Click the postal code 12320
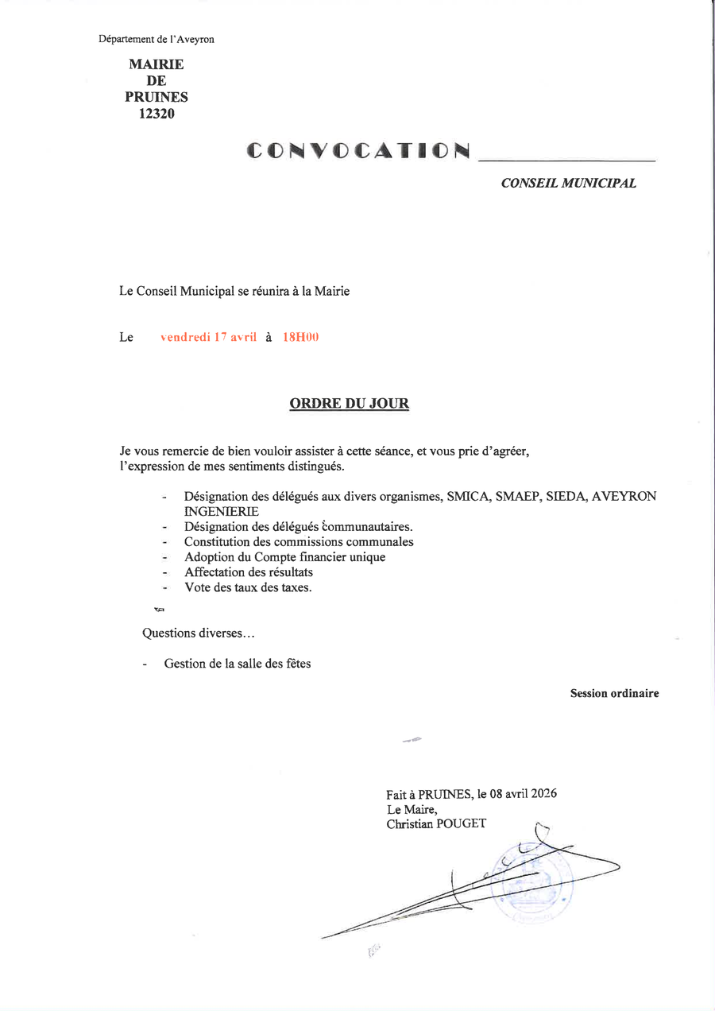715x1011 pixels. (x=157, y=114)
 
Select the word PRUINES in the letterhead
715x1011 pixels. (x=157, y=97)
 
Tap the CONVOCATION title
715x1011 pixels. (x=357, y=150)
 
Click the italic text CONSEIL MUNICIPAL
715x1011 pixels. (x=568, y=184)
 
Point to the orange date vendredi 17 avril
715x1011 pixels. (x=208, y=337)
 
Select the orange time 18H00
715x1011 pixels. (x=300, y=337)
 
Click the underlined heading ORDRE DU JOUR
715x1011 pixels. (x=350, y=404)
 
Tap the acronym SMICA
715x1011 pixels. (x=468, y=497)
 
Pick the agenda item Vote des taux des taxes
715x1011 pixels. (x=248, y=588)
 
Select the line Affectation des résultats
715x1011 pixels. (x=249, y=572)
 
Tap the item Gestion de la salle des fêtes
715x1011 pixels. (x=238, y=664)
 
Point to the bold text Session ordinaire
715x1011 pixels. (x=614, y=694)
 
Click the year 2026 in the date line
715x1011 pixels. (x=543, y=794)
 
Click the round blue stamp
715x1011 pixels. (x=531, y=884)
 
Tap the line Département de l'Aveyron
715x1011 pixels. (x=157, y=39)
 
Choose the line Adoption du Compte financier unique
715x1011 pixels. (x=284, y=557)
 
